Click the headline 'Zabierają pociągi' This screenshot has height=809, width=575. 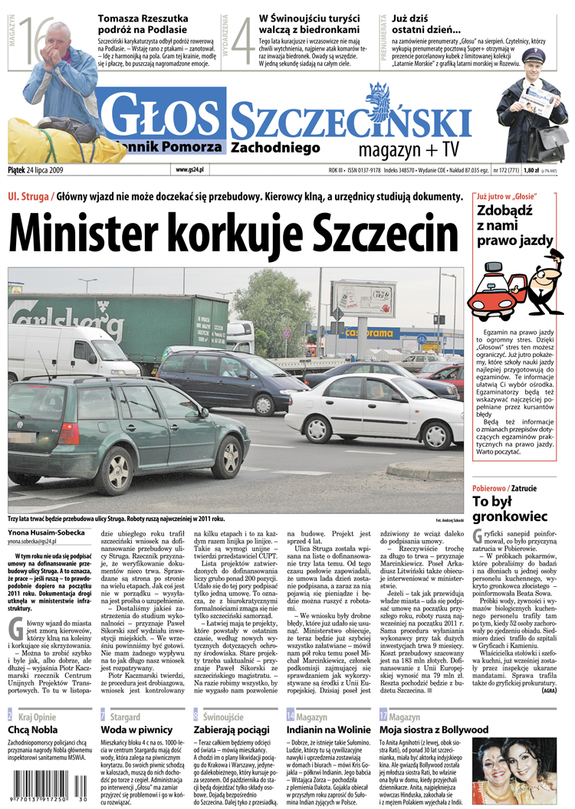tap(232, 730)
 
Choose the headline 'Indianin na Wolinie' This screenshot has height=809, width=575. tap(330, 730)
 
